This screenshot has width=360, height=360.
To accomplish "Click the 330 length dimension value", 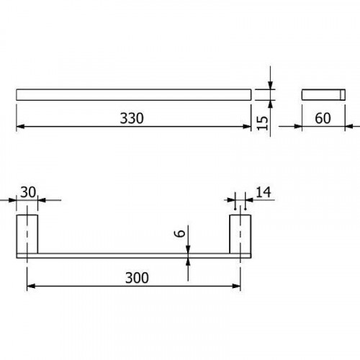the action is click(132, 118).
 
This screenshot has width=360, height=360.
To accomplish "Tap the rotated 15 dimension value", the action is click(262, 123).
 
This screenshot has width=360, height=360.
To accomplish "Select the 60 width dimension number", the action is click(323, 118).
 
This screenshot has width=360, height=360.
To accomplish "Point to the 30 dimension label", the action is click(28, 192).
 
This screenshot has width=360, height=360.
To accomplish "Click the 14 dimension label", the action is click(264, 192).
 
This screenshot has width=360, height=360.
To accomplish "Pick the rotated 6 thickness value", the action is click(180, 233).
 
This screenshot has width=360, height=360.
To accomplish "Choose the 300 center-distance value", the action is click(137, 278).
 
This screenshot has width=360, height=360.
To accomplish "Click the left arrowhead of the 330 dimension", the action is click(20, 127).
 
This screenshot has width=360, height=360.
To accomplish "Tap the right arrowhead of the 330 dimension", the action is click(247, 127).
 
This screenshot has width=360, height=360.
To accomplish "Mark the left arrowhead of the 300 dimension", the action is click(31, 286).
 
